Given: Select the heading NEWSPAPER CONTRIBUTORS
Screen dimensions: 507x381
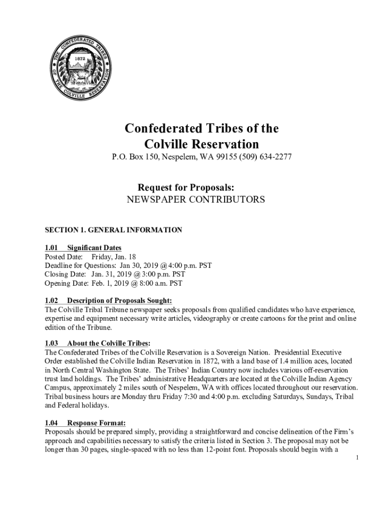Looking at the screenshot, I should point(195,200).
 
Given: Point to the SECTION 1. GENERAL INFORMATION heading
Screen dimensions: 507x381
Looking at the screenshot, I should point(113,230).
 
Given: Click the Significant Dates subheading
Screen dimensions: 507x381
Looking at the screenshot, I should point(94,248).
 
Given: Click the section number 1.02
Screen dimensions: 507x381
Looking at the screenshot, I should point(51,301).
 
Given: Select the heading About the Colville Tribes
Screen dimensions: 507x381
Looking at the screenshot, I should point(109,344).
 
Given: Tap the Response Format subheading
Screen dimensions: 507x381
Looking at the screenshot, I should point(96,423).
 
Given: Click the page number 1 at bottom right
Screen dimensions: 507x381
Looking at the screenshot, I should point(357,458).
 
